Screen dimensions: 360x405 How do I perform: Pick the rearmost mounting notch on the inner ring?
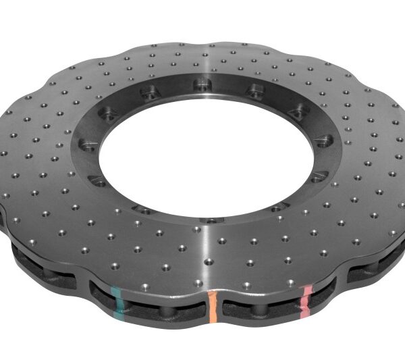[200, 85]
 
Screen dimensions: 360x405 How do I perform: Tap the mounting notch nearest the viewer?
[211, 220]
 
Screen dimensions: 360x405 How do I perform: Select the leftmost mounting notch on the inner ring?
[86, 145]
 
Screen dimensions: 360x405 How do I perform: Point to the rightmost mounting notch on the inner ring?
[324, 140]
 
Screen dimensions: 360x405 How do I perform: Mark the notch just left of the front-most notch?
[144, 209]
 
